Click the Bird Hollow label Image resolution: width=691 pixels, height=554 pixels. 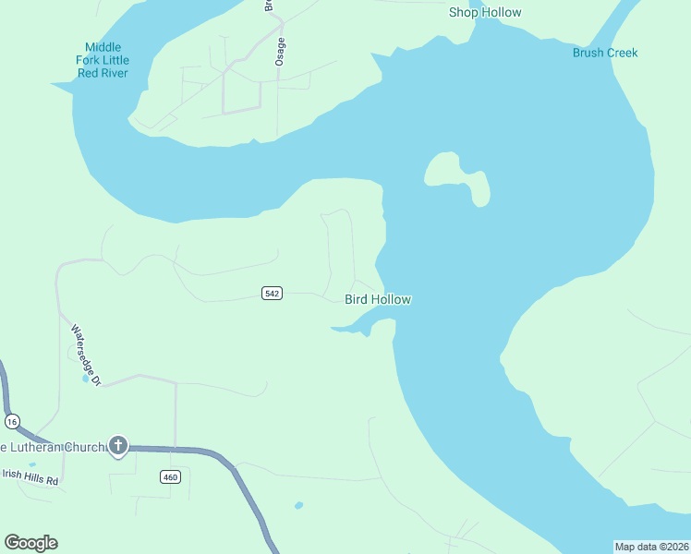pos(377,299)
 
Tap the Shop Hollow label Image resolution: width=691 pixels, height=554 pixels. pos(485,12)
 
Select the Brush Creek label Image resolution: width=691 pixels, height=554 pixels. pos(605,53)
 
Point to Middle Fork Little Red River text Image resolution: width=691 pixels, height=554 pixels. pos(103,60)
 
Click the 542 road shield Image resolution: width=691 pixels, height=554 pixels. pos(272,294)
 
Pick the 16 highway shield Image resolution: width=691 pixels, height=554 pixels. pos(12,421)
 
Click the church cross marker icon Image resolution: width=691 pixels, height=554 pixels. pos(117,447)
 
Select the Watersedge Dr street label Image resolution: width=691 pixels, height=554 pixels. pos(84,355)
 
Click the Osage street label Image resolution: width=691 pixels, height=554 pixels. pos(280,51)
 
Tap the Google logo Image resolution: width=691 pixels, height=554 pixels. pos(30,543)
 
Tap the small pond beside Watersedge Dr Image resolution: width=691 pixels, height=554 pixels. pos(86,378)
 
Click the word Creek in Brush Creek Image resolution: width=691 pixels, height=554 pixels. pos(621,53)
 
